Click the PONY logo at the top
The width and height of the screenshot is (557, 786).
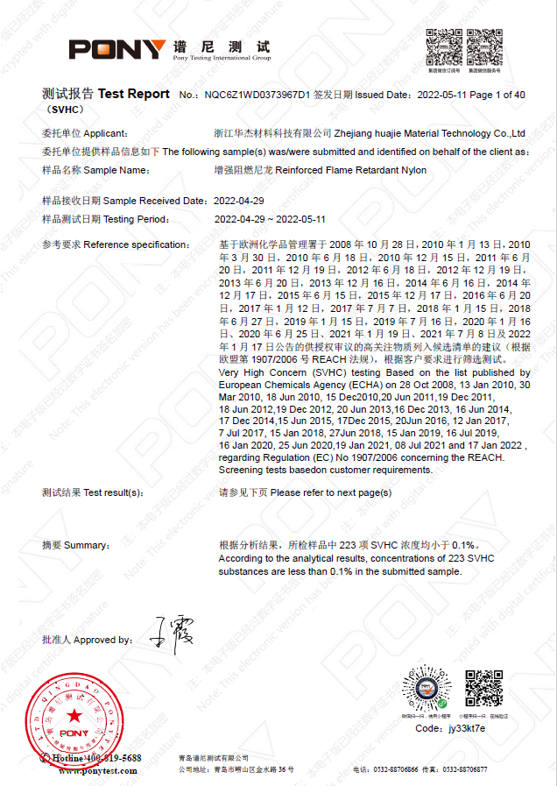click(x=117, y=49)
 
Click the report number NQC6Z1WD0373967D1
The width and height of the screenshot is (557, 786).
click(x=256, y=95)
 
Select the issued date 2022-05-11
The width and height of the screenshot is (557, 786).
click(x=442, y=95)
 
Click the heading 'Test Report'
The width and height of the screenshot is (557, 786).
click(x=134, y=94)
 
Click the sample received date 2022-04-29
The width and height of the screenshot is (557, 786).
click(x=239, y=201)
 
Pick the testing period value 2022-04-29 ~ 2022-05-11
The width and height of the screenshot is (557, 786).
click(x=270, y=219)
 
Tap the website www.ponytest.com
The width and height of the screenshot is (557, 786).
click(x=98, y=771)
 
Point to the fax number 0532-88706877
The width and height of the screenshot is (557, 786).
click(x=465, y=769)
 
